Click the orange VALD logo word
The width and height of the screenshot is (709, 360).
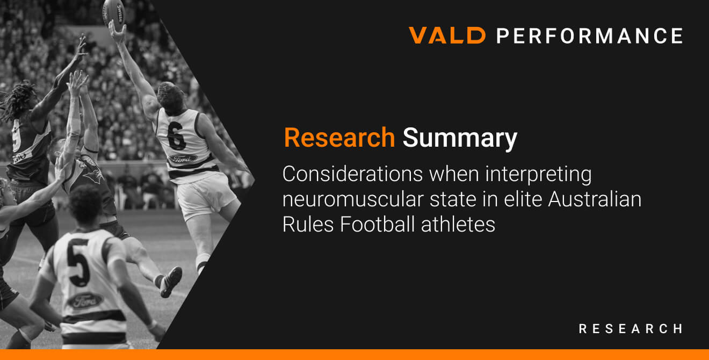[x=447, y=35]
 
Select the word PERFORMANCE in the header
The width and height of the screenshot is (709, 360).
[x=590, y=35]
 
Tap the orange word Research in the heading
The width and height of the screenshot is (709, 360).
[x=339, y=138]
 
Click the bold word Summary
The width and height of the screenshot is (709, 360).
[x=460, y=139]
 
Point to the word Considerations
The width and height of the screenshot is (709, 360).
[x=352, y=174]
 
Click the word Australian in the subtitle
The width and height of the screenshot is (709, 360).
[x=595, y=199]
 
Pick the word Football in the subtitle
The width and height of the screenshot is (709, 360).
[x=377, y=224]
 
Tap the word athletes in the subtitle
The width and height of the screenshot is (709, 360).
[x=458, y=225]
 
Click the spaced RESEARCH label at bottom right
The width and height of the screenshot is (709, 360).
[x=631, y=329]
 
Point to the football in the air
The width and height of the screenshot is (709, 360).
[x=114, y=11]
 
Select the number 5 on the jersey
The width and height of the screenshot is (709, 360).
[x=79, y=263]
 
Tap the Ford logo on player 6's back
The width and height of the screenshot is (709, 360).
[x=183, y=159]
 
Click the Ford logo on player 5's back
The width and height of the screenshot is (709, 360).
[x=85, y=301]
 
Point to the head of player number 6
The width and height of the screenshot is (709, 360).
[x=171, y=97]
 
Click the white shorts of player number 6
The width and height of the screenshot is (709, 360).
[x=206, y=196]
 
